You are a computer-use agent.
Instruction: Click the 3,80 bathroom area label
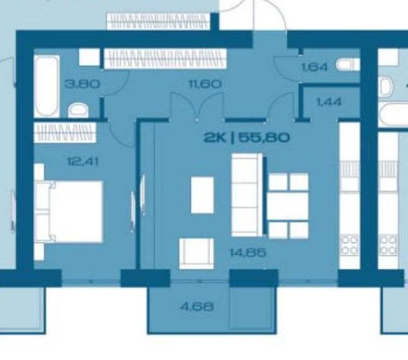coord(82,84)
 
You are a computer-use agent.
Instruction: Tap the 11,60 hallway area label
coord(205,84)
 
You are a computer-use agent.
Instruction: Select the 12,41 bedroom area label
coord(83,162)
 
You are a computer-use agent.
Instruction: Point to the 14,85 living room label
coord(248,253)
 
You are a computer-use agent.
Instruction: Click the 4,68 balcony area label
coord(197,307)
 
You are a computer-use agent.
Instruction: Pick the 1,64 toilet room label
coord(314,67)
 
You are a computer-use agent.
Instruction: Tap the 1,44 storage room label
coord(328,102)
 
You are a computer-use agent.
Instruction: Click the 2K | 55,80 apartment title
coord(247,137)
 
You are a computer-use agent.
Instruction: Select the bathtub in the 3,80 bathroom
coord(47,85)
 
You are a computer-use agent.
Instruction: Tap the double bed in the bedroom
coord(69,211)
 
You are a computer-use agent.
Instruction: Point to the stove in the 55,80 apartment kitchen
coord(349,245)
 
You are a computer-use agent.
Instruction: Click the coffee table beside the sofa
coord(202,195)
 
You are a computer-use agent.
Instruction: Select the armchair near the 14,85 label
coord(196,253)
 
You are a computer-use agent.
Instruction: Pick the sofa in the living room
coord(247,195)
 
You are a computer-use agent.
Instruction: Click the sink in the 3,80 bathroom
coord(78,111)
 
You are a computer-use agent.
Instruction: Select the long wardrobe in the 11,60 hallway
coord(165,59)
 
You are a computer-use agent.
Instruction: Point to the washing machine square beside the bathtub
coord(89,57)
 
